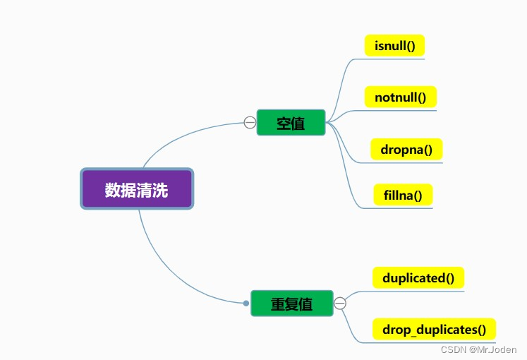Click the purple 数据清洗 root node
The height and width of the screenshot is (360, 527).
137,188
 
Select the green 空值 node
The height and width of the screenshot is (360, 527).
291,123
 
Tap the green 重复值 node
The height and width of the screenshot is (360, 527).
291,304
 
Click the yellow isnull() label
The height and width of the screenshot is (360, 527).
394,46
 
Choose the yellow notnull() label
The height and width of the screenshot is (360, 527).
401,97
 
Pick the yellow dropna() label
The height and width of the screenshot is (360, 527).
406,150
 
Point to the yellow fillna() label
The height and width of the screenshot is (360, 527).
403,195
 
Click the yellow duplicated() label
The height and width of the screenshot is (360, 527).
418,277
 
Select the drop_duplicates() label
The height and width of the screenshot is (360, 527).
434,329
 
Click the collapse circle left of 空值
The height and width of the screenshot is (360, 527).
249,122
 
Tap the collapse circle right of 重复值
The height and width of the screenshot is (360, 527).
340,304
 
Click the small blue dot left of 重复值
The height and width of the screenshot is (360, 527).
246,304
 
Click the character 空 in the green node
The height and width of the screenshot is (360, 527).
284,123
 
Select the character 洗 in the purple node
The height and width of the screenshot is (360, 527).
161,189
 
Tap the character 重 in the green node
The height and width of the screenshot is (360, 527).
278,304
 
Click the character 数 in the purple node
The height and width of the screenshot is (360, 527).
112,189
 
